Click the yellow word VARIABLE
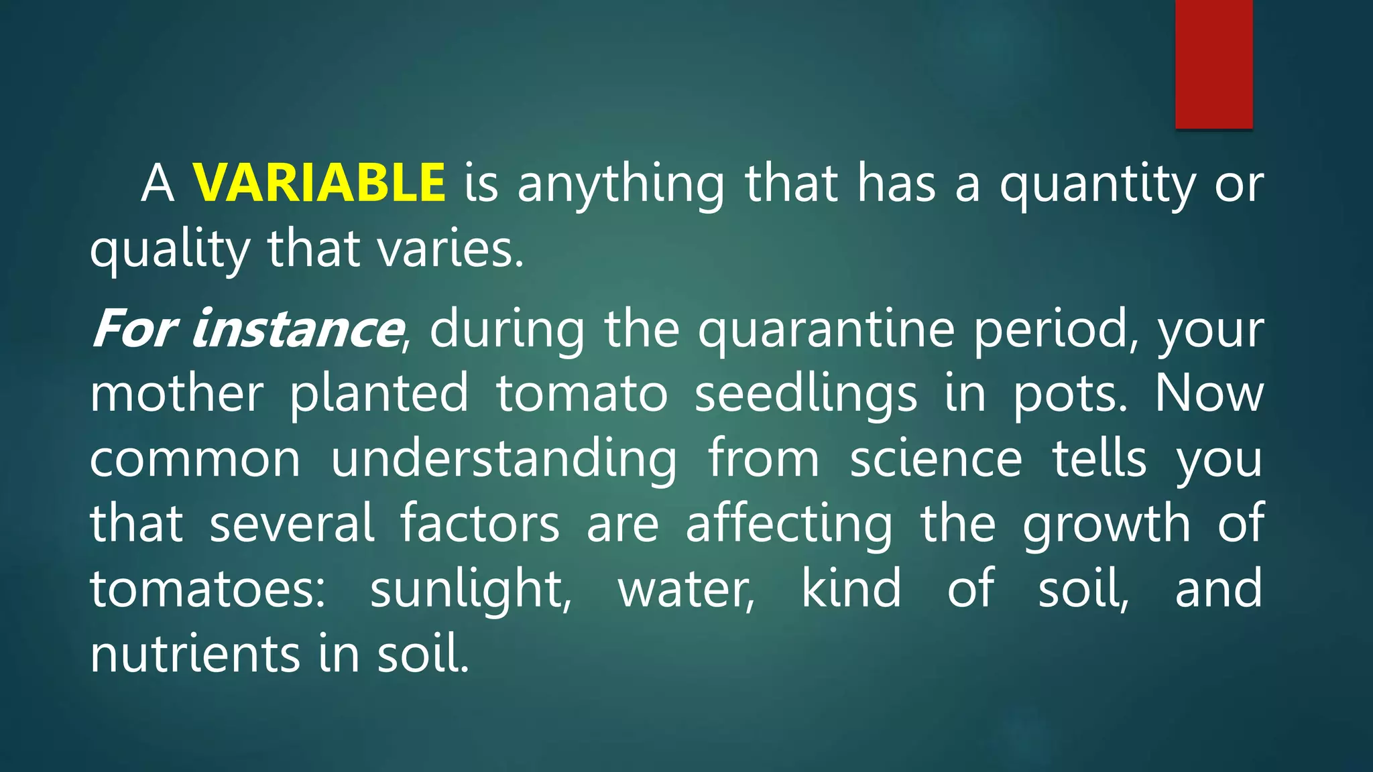pyautogui.click(x=319, y=182)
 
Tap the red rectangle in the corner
pyautogui.click(x=1213, y=64)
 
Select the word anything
pyautogui.click(x=621, y=185)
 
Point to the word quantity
pyautogui.click(x=1097, y=185)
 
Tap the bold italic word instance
pyautogui.click(x=296, y=328)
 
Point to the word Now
pyautogui.click(x=1208, y=394)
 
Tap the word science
pyautogui.click(x=936, y=459)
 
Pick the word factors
pyautogui.click(x=480, y=524)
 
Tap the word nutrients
pyautogui.click(x=195, y=654)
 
